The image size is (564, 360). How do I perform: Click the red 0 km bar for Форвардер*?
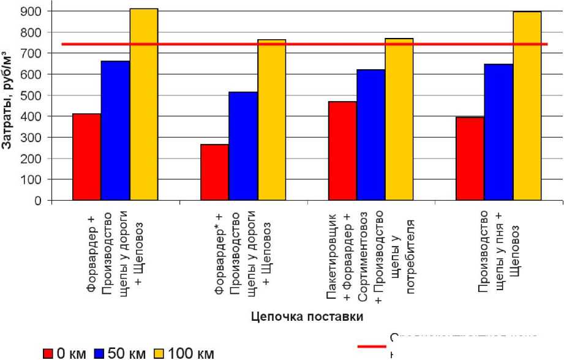(x=214, y=172)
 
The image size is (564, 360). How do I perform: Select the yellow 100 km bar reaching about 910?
(x=143, y=104)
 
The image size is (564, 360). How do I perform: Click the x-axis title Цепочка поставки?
(x=307, y=317)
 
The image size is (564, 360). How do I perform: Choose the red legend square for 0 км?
(x=48, y=354)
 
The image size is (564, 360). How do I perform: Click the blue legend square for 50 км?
(x=100, y=354)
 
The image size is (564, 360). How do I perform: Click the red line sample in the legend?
(x=372, y=347)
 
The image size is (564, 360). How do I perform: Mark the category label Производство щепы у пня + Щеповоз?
(x=499, y=252)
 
